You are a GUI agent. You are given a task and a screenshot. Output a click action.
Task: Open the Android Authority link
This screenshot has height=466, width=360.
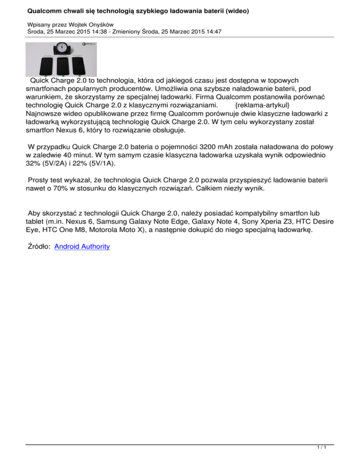[x=82, y=246]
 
